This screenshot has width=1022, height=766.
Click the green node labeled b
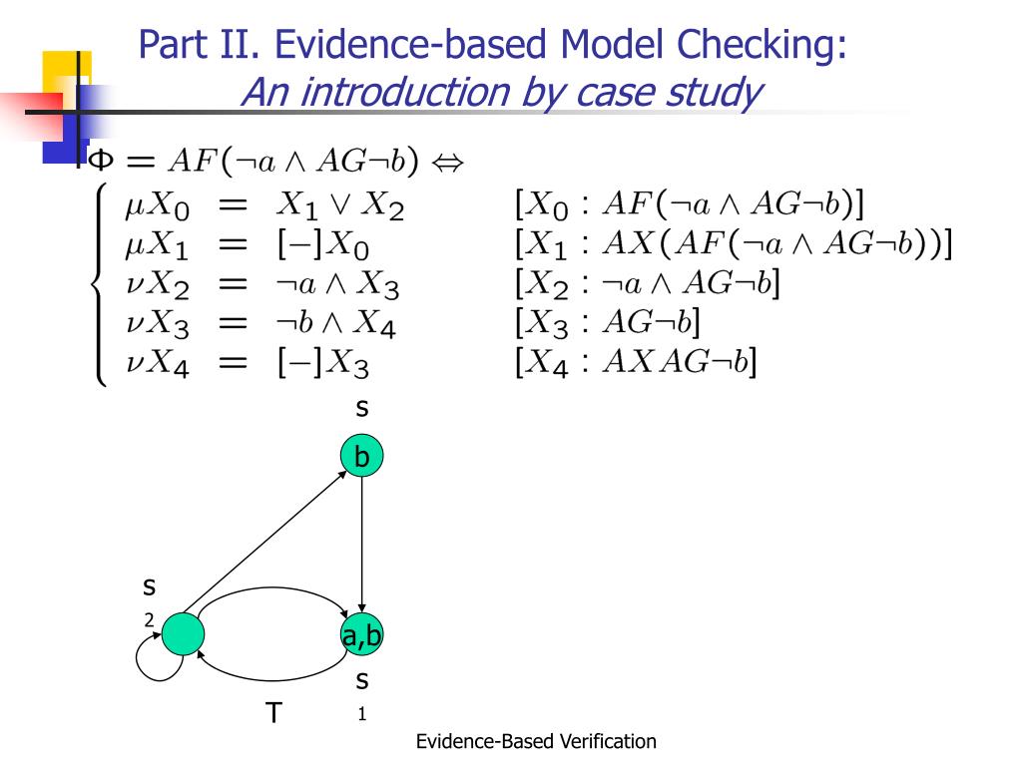point(362,457)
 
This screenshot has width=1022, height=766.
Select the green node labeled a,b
point(362,634)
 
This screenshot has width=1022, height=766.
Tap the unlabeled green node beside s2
point(183,633)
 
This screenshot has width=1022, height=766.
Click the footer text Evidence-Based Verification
point(536,741)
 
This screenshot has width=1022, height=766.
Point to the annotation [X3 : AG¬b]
point(606,324)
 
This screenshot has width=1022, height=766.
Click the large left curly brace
point(101,286)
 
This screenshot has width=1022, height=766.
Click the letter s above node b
point(362,407)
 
